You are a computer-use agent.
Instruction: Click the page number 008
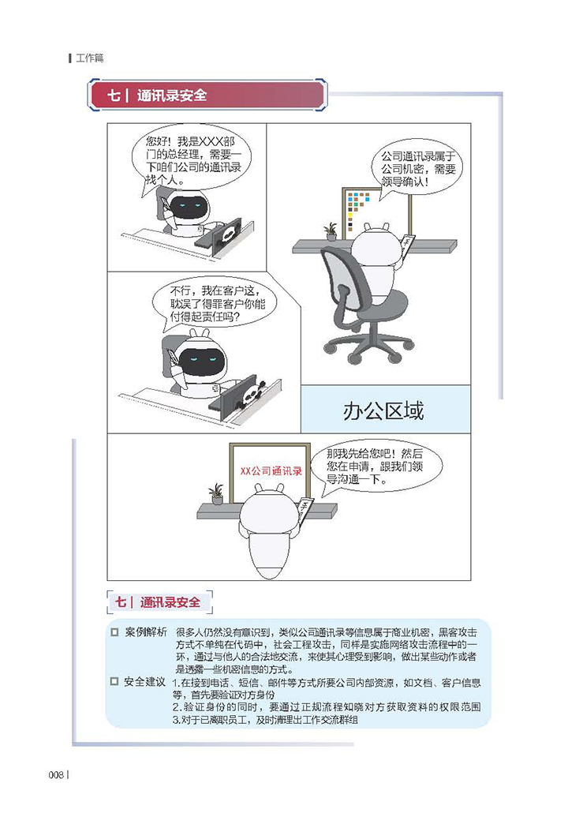[x=56, y=774]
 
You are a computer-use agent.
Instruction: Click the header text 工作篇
[x=90, y=58]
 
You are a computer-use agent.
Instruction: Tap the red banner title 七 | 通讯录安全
[x=156, y=96]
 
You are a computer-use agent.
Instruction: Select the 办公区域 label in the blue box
[x=383, y=410]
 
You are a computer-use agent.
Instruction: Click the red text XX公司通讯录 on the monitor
[x=271, y=470]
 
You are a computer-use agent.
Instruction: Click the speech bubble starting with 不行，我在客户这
[x=215, y=303]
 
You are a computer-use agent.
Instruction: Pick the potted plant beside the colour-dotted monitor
[x=331, y=232]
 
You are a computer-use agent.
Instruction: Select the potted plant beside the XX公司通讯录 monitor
[x=216, y=493]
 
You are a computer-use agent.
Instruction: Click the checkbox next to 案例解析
[x=114, y=632]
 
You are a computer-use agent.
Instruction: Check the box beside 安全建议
[x=114, y=681]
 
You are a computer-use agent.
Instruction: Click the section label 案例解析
[x=146, y=632]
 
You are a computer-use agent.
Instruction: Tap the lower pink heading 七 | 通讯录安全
[x=158, y=602]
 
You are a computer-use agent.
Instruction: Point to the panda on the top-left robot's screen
[x=226, y=236]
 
